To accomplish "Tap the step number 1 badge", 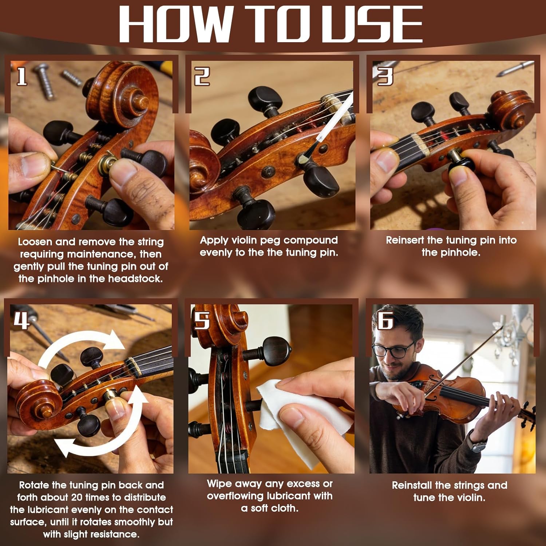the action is [x=22, y=76].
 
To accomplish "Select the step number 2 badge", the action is [x=202, y=76].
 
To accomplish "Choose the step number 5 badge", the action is [x=202, y=320].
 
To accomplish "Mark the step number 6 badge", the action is [x=385, y=320].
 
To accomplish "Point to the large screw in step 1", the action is [x=44, y=81].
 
